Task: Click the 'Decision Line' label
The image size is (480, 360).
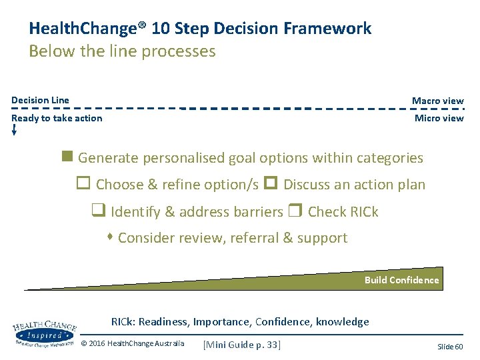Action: [x=40, y=100]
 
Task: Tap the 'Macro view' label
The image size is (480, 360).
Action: [x=437, y=101]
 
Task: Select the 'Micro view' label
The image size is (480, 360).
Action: [x=439, y=118]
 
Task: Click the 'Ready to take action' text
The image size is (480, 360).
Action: [x=57, y=118]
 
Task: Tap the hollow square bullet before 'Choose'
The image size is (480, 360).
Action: [x=85, y=184]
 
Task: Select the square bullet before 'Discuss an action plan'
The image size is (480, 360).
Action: [x=270, y=184]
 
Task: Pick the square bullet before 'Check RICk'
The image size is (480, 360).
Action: [x=295, y=211]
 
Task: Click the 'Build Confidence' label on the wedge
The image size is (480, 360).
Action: [x=401, y=280]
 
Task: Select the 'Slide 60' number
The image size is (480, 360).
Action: [x=450, y=347]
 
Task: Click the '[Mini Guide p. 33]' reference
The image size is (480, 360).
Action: [x=242, y=344]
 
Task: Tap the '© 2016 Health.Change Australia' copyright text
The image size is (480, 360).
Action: [x=132, y=344]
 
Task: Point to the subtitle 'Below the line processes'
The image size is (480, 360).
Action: [x=122, y=51]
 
